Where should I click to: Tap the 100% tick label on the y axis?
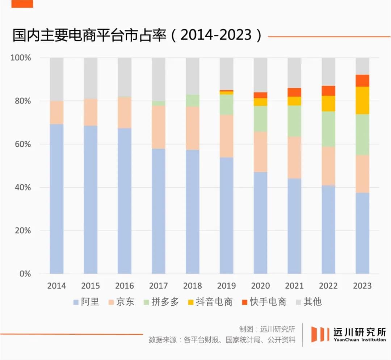tap(21, 58)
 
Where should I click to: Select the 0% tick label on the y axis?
tap(25, 274)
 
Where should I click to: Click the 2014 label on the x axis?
tap(56, 286)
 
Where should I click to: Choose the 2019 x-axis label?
tap(226, 286)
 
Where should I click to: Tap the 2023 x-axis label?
tap(362, 286)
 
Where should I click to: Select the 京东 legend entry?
tap(121, 302)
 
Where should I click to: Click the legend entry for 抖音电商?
tap(210, 302)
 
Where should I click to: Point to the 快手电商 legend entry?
tap(264, 302)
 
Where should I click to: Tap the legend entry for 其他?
tap(308, 302)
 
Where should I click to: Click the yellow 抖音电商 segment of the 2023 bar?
tap(362, 100)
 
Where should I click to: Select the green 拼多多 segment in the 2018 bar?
tap(193, 101)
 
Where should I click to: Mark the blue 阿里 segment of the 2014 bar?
tap(56, 199)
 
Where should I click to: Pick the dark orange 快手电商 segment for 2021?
tap(294, 92)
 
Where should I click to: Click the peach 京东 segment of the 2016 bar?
tap(125, 112)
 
